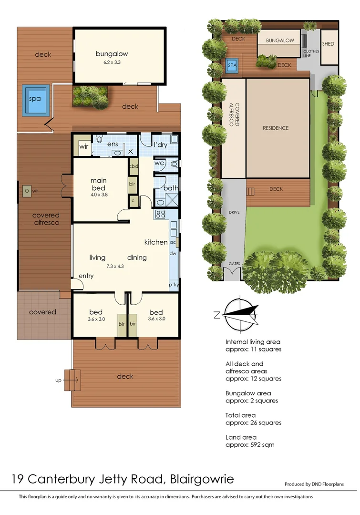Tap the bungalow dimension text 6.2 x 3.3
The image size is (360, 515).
point(118,62)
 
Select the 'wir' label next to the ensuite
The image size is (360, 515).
point(84,147)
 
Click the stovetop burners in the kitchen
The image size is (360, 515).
point(160,215)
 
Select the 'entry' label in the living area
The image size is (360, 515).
point(86,276)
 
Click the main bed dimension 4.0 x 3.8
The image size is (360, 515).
point(99,195)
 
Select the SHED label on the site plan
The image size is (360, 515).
point(328,44)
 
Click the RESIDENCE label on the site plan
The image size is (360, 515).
point(276,128)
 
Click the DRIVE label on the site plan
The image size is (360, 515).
point(234,212)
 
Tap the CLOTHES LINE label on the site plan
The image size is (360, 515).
point(311,53)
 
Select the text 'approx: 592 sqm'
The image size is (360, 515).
point(250,445)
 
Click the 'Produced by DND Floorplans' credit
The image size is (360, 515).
point(320,484)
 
